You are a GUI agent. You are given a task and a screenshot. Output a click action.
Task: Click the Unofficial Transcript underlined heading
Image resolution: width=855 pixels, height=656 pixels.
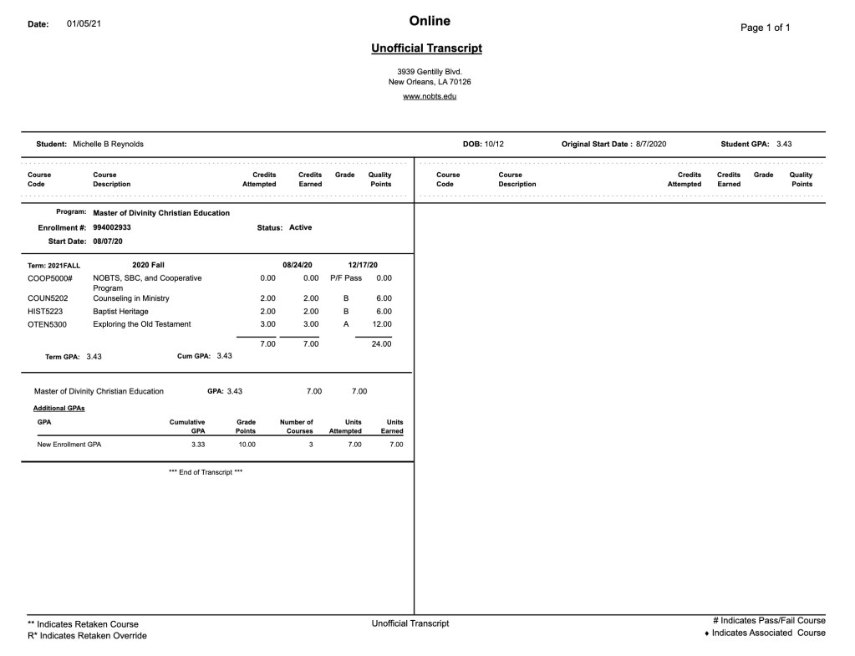(426, 48)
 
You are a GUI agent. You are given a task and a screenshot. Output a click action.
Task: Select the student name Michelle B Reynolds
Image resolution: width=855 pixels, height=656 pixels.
(108, 144)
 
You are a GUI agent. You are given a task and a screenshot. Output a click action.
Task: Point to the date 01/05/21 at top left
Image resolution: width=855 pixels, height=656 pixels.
(84, 23)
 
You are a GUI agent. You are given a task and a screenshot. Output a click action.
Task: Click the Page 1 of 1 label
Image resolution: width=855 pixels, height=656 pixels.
(765, 28)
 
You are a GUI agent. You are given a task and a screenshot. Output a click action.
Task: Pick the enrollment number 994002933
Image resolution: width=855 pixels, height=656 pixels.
(112, 227)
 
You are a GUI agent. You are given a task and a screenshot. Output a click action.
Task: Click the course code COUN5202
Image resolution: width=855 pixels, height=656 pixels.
(48, 298)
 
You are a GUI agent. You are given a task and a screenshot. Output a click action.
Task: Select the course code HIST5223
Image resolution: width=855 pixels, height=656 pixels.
(47, 311)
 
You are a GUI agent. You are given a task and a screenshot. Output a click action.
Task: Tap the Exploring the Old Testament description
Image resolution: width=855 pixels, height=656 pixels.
(142, 324)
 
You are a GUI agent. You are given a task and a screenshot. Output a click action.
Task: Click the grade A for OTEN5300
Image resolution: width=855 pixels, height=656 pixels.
(346, 324)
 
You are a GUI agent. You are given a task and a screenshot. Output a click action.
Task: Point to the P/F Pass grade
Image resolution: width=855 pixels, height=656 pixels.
(346, 278)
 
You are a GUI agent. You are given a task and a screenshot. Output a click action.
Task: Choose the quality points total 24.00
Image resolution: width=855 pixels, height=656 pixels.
(381, 343)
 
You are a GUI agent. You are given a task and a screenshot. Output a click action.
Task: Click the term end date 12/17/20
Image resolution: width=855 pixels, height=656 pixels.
(363, 265)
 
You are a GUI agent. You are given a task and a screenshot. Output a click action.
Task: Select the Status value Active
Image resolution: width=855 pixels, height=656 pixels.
(300, 227)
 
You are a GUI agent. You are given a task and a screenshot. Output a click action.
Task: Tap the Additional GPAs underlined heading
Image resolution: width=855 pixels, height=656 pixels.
(59, 408)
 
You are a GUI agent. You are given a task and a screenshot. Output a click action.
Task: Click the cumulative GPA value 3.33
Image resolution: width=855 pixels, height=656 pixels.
(198, 445)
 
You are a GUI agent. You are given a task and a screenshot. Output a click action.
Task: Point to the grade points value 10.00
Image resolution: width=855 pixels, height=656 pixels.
(247, 445)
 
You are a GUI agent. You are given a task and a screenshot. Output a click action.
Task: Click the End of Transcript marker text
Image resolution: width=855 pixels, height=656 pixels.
(206, 472)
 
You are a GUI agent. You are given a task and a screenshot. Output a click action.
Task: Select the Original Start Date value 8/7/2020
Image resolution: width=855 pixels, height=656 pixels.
(651, 144)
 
